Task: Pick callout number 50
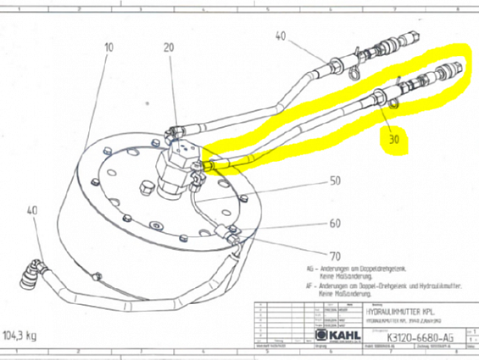pyautogui.click(x=335, y=182)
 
